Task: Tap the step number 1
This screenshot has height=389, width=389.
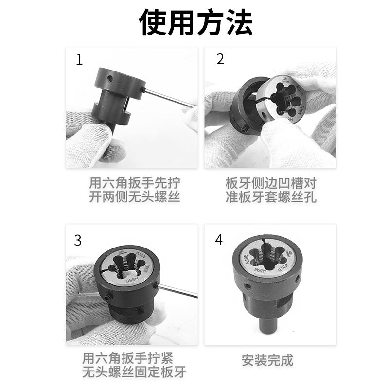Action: click(x=80, y=60)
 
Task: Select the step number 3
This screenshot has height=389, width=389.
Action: click(x=78, y=240)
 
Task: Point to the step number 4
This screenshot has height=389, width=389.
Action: click(x=219, y=240)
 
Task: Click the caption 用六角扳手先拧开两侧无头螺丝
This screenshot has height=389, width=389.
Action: click(x=134, y=190)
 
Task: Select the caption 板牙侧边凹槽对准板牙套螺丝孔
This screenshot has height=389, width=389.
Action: click(x=271, y=190)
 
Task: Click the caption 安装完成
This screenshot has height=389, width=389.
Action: click(x=267, y=360)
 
